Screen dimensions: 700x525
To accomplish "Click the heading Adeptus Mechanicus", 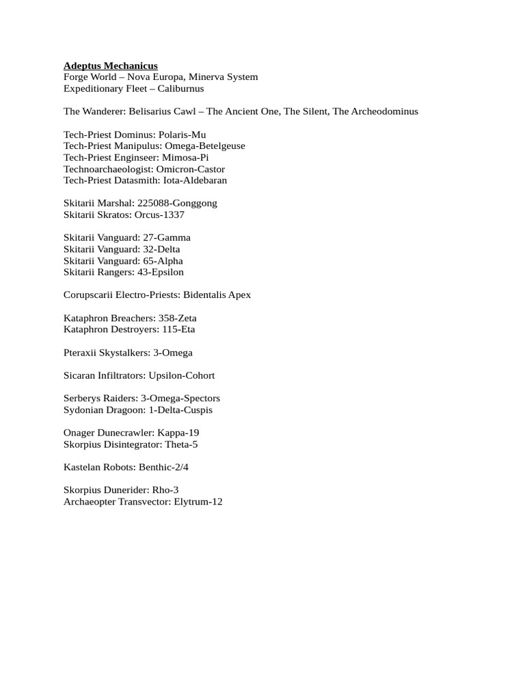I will (110, 66).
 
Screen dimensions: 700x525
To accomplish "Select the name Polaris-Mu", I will (182, 135).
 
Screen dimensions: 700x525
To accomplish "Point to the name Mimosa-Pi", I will (185, 158).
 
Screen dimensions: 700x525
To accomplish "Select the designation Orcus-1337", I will (161, 215).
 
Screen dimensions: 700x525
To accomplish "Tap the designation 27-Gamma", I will (167, 238).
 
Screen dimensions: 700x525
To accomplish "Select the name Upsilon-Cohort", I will (183, 375).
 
